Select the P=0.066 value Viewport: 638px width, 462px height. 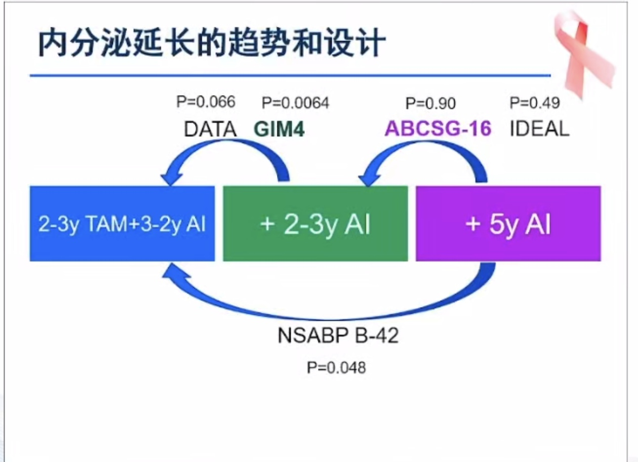click(206, 102)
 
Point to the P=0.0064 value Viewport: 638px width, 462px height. click(295, 103)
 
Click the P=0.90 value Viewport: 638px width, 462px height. click(430, 103)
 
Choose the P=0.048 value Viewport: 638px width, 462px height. click(336, 367)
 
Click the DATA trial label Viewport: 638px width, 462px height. click(210, 130)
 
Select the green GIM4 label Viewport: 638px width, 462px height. click(279, 130)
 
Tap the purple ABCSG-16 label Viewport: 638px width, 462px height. click(438, 129)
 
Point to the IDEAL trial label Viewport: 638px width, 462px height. click(539, 129)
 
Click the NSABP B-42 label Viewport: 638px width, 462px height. click(338, 335)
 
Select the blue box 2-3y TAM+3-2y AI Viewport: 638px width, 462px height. click(122, 224)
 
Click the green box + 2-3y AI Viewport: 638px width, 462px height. click(315, 224)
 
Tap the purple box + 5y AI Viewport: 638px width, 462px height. click(508, 224)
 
